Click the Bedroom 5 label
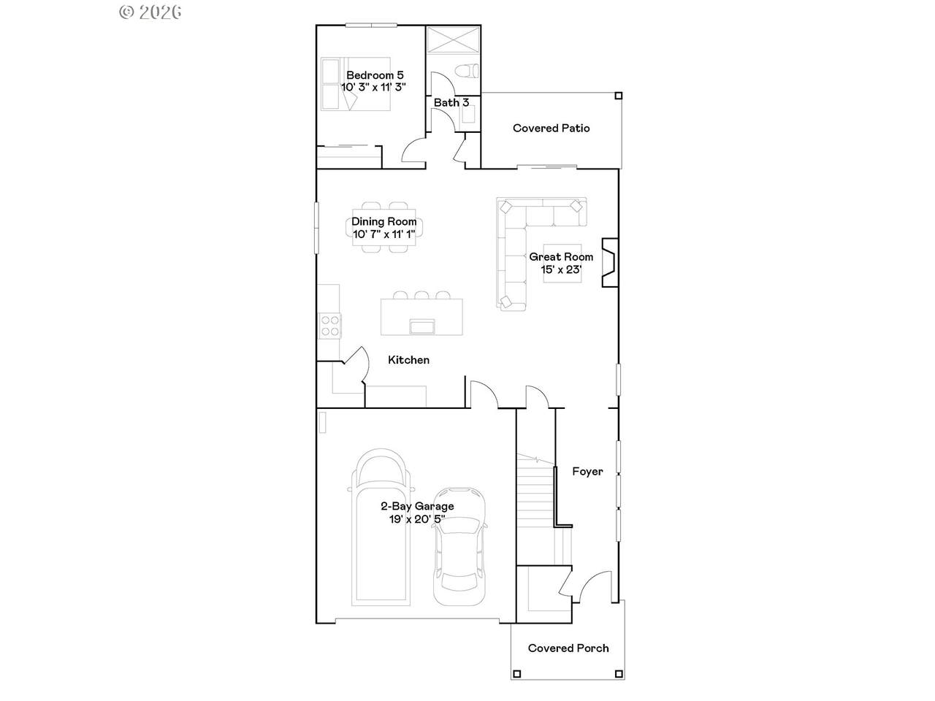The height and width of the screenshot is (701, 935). pyautogui.click(x=375, y=75)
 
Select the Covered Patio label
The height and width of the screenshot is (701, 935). pyautogui.click(x=552, y=128)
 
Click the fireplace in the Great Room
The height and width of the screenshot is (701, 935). pyautogui.click(x=610, y=262)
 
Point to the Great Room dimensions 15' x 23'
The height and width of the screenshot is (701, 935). pyautogui.click(x=561, y=269)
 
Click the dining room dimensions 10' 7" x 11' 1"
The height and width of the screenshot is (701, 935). pyautogui.click(x=383, y=234)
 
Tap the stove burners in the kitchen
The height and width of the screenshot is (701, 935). pyautogui.click(x=329, y=326)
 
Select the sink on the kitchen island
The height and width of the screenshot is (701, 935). pyautogui.click(x=421, y=327)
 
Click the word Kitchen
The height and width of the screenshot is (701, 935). pyautogui.click(x=408, y=360)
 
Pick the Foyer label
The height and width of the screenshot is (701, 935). pyautogui.click(x=587, y=472)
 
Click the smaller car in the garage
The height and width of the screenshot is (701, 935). pyautogui.click(x=459, y=546)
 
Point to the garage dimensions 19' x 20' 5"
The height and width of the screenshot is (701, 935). pyautogui.click(x=417, y=519)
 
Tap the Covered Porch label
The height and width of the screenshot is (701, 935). pyautogui.click(x=568, y=648)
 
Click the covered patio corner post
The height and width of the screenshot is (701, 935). pyautogui.click(x=619, y=96)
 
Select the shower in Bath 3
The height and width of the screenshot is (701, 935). pyautogui.click(x=453, y=40)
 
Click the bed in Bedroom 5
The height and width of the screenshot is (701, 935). pyautogui.click(x=355, y=84)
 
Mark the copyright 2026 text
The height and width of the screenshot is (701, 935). pyautogui.click(x=150, y=12)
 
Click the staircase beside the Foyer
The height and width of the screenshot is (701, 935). pyautogui.click(x=536, y=510)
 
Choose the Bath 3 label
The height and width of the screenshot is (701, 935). pyautogui.click(x=451, y=102)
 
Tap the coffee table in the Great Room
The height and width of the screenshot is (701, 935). pyautogui.click(x=562, y=263)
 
